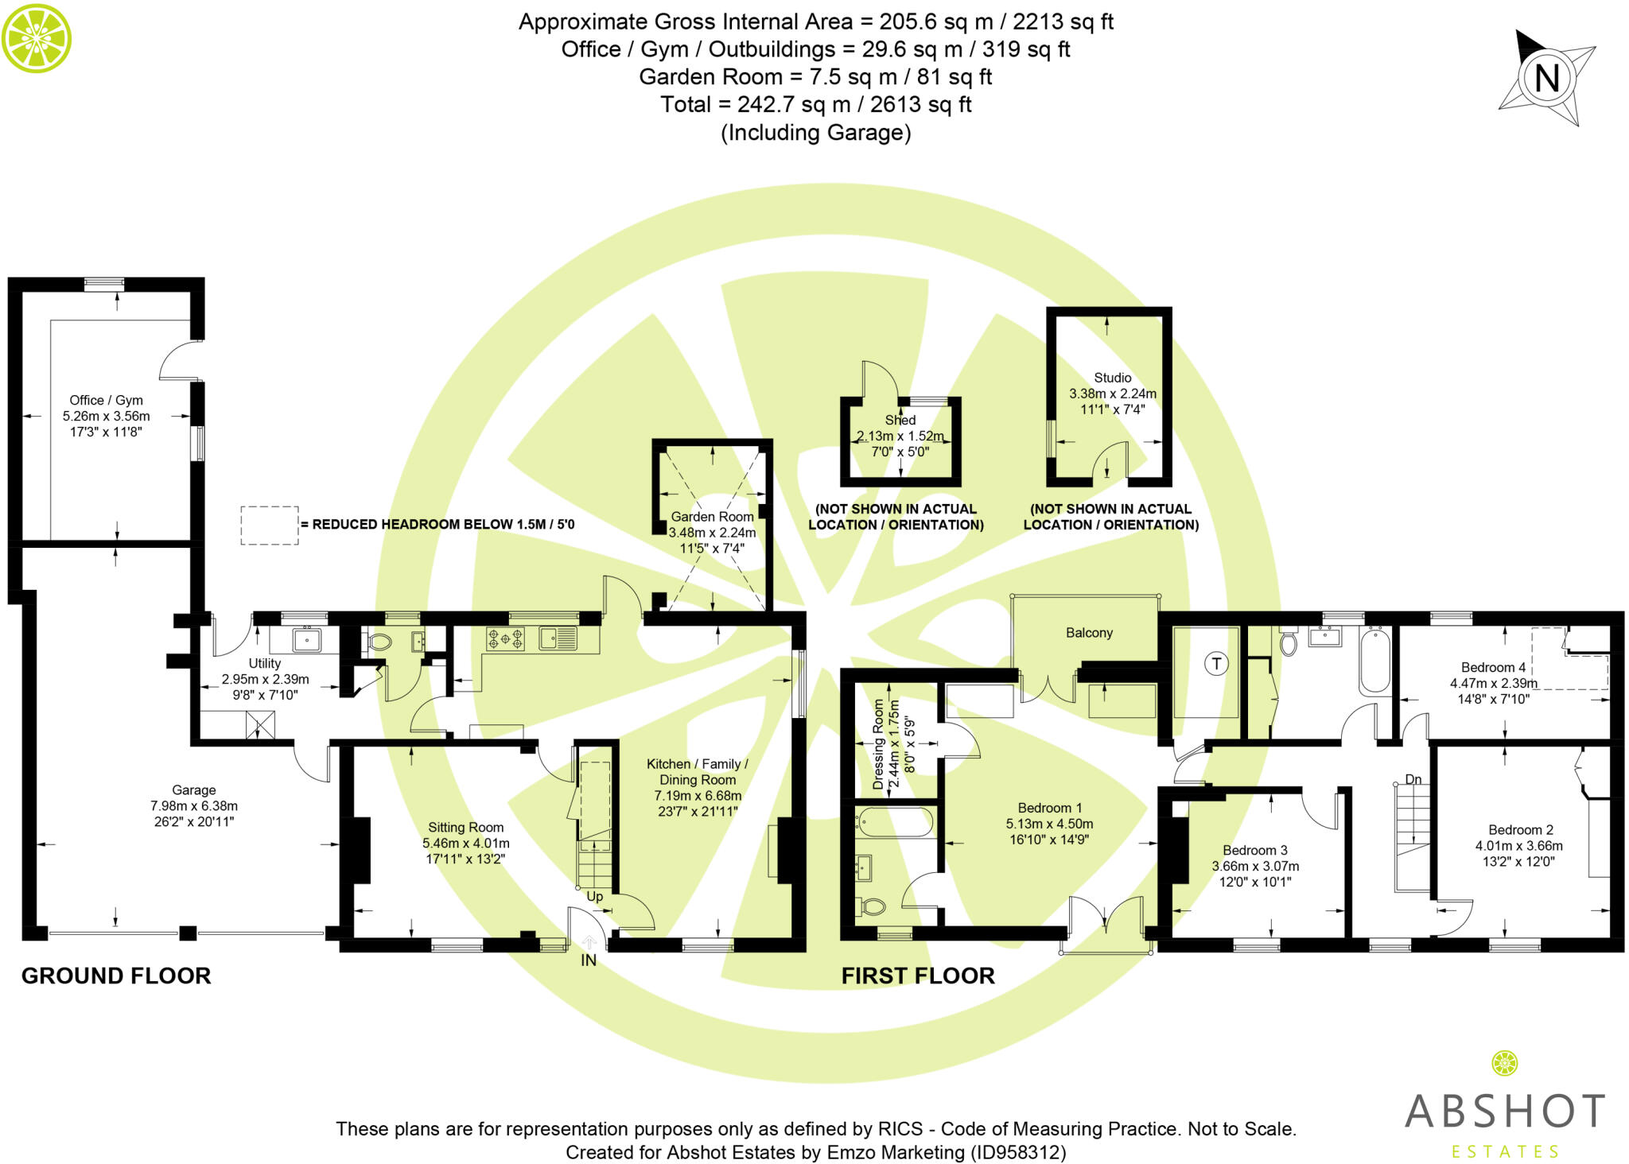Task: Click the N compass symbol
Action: tap(1547, 78)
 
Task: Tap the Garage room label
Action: tap(194, 790)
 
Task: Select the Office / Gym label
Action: tap(106, 401)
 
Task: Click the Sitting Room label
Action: tap(465, 828)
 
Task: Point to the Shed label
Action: tap(900, 420)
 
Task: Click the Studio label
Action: tap(1112, 378)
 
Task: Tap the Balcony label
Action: tap(1089, 633)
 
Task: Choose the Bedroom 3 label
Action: tap(1254, 851)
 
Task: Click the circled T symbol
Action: tap(1216, 664)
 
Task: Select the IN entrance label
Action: tap(589, 960)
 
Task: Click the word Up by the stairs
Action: tap(595, 897)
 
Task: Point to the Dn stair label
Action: tap(1413, 779)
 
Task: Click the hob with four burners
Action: tap(505, 638)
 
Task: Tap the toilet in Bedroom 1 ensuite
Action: tap(873, 906)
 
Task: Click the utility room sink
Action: tap(306, 638)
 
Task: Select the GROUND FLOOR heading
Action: tap(116, 976)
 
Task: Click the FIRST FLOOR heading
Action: tap(918, 976)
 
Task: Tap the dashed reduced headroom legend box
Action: tap(270, 526)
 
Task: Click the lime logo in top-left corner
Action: tap(37, 37)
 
